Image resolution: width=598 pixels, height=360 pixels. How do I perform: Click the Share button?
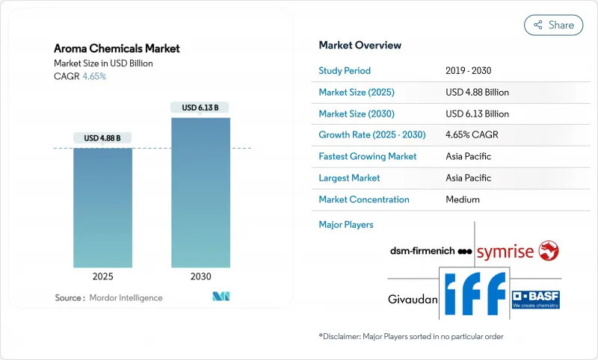pos(553,25)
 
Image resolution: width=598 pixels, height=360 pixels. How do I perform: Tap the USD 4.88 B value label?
pos(103,138)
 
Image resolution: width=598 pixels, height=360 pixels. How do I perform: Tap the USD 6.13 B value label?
pos(200,108)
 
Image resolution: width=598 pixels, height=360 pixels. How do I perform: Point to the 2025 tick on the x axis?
pos(103,276)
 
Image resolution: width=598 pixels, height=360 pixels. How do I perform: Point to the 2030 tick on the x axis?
pos(200,276)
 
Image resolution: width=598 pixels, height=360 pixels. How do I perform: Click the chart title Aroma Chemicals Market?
pos(117,49)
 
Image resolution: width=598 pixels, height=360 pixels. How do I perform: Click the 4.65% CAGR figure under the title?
pos(93,76)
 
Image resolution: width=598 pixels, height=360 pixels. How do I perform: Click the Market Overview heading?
pos(360,45)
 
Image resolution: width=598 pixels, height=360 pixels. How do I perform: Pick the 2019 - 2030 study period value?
pos(468,71)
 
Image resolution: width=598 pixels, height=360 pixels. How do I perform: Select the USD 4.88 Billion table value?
pos(477,93)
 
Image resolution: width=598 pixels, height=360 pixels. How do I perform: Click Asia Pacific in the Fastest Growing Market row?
pos(468,157)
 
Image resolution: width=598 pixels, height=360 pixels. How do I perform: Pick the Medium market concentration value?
pos(462,199)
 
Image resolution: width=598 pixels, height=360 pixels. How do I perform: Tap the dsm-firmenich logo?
pos(422,251)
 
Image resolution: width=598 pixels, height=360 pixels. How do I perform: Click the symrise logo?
pos(517,251)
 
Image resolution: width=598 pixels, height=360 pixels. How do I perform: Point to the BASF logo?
pos(535,299)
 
